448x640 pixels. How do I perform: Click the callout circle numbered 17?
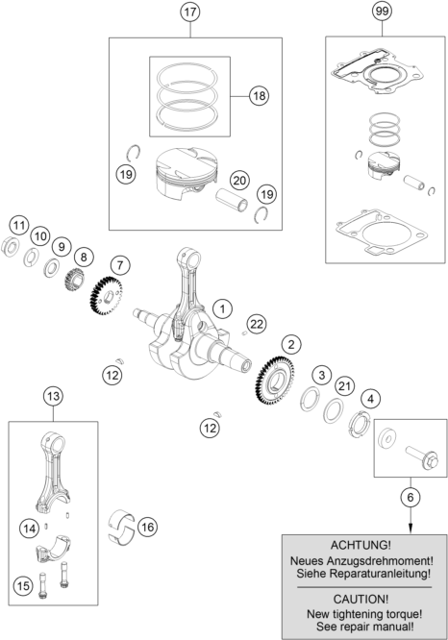tap(189, 13)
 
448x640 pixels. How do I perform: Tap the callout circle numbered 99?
tap(385, 13)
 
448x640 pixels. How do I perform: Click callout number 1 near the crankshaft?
tap(222, 308)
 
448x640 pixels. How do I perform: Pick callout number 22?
tap(257, 322)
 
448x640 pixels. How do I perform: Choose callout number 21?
tap(344, 386)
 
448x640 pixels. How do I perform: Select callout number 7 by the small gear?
tap(120, 263)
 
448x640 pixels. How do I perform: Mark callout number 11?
tap(18, 225)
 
